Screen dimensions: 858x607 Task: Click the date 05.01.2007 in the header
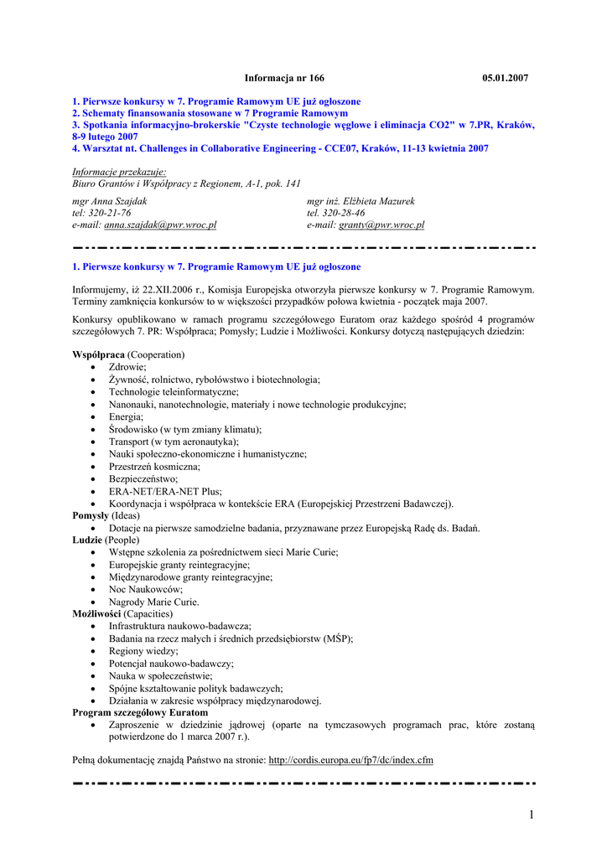(x=506, y=78)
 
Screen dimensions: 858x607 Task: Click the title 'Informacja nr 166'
(x=284, y=78)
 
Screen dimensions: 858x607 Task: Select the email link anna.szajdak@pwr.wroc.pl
(x=160, y=225)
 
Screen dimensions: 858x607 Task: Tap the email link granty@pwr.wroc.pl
(x=381, y=225)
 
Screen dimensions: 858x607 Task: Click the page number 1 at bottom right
(x=531, y=814)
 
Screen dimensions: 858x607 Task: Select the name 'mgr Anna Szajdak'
(x=111, y=201)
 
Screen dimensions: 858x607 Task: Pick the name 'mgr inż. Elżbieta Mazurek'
(x=361, y=201)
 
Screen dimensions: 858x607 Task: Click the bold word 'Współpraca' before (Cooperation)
(x=99, y=355)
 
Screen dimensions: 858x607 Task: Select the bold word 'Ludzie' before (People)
(x=87, y=540)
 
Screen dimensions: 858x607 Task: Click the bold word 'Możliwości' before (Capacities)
(x=97, y=614)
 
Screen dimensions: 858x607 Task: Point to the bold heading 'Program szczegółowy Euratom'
(x=140, y=712)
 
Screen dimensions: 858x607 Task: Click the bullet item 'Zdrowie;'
(x=127, y=367)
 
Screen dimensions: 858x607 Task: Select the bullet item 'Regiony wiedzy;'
(x=143, y=651)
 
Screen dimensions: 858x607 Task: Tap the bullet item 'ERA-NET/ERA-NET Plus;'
(x=165, y=492)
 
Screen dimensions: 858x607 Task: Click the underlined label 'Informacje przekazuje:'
(x=119, y=172)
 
